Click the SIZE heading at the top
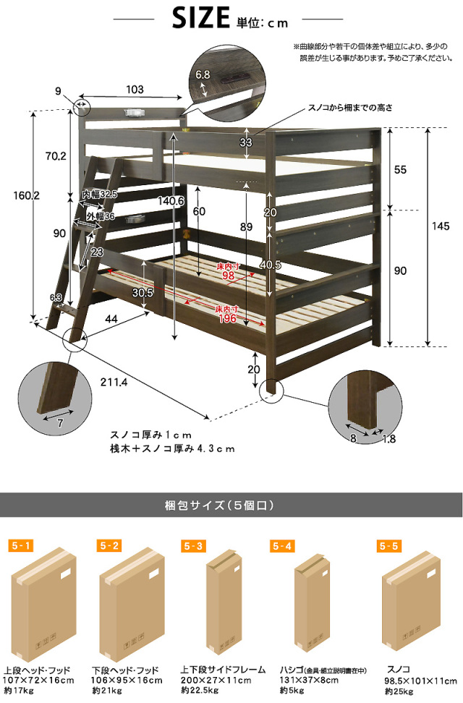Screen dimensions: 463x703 tap(200, 18)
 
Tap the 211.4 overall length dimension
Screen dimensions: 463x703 tap(114, 383)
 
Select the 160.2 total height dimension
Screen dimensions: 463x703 tap(26, 195)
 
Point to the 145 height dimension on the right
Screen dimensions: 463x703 tap(440, 226)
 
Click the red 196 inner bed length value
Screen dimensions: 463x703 tap(227, 319)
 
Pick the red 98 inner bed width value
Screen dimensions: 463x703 tap(229, 276)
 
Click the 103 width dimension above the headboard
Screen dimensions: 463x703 tap(135, 89)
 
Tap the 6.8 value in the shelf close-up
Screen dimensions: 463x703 tap(203, 74)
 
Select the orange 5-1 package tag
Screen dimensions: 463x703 tap(21, 545)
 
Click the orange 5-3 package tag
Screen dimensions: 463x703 tap(193, 545)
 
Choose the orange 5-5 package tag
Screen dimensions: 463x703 tap(388, 545)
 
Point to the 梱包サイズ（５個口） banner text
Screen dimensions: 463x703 tap(219, 506)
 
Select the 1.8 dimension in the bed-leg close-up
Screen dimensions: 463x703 tap(389, 438)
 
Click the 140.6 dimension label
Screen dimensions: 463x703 tap(171, 201)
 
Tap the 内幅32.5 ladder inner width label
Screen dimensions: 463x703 tap(99, 195)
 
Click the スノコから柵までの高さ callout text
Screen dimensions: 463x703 tap(350, 108)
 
